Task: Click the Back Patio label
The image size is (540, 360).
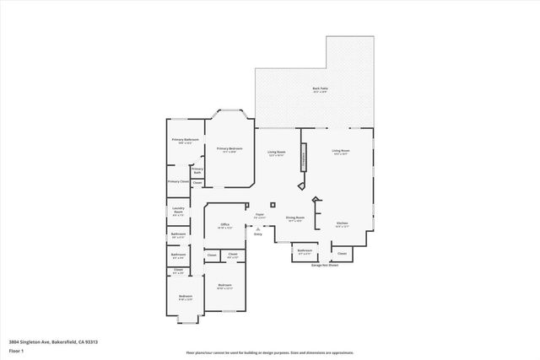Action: point(320,88)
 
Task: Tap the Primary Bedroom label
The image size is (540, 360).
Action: point(229,149)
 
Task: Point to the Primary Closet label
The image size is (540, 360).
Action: point(178,181)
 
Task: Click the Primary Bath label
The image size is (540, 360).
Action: point(197,171)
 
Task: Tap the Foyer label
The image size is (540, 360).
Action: point(260,215)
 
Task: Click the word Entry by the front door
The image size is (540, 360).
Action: point(257,234)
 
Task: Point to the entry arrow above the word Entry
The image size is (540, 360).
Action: point(258,227)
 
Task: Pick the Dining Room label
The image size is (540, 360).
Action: point(294,218)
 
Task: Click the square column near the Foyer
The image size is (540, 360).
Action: point(273,204)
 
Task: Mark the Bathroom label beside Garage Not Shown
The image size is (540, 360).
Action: point(305,251)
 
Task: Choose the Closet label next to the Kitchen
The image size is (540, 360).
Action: point(342,253)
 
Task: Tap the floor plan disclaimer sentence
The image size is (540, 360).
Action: point(270,353)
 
